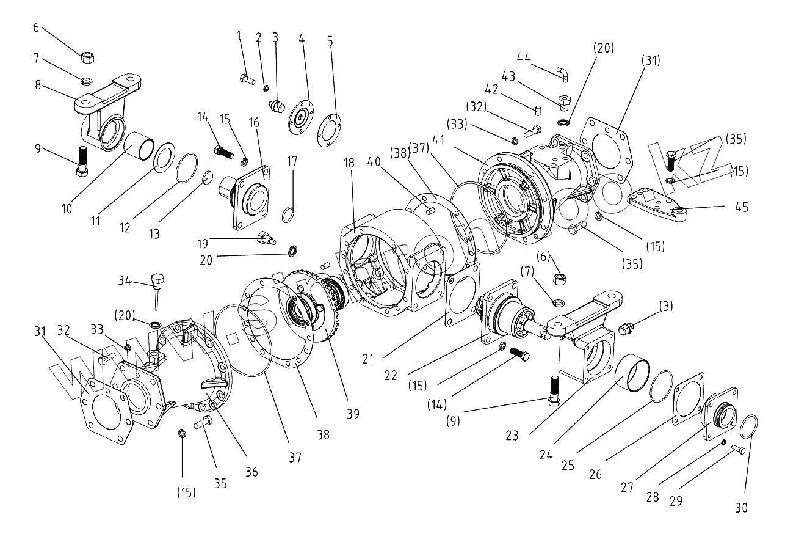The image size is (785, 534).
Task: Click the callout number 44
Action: pyautogui.click(x=523, y=57)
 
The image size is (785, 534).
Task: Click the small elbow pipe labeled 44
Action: pyautogui.click(x=563, y=75)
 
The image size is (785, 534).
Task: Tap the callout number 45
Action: pyautogui.click(x=742, y=207)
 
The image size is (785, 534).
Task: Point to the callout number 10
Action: pyautogui.click(x=67, y=208)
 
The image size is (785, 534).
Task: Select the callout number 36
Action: pyautogui.click(x=251, y=471)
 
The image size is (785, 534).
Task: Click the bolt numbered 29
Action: pyautogui.click(x=737, y=451)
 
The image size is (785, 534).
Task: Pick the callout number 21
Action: pyautogui.click(x=367, y=359)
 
